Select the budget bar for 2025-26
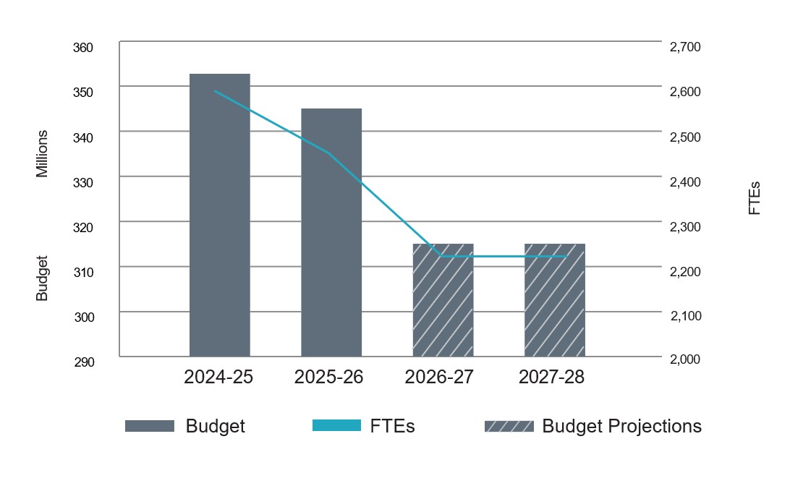(x=331, y=232)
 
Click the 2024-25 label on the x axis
(x=218, y=378)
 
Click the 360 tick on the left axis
(x=83, y=48)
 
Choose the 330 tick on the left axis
(x=83, y=182)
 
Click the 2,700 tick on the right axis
(x=685, y=48)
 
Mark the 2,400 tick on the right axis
(x=685, y=182)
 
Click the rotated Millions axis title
(x=43, y=153)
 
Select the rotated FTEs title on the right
(x=755, y=198)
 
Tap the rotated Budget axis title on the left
(x=43, y=278)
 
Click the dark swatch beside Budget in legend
(x=150, y=426)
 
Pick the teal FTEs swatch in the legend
(x=336, y=426)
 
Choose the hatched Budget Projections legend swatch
(x=509, y=426)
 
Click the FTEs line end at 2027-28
(x=566, y=257)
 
